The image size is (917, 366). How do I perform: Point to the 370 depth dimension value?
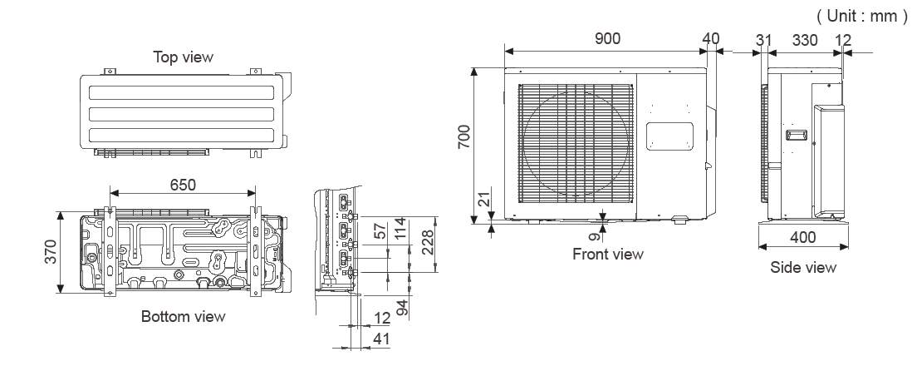pos(49,252)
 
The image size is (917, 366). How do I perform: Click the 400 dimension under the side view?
pos(803,237)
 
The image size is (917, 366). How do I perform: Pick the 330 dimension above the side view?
pos(804,39)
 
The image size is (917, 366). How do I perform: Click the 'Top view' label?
pos(183,57)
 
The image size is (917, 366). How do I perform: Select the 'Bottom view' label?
pos(183,317)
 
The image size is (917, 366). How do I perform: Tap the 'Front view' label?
pos(608,255)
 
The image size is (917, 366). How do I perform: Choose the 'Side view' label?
pos(803,267)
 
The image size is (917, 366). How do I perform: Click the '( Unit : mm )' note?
pos(861,16)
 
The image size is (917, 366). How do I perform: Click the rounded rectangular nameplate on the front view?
pos(669,136)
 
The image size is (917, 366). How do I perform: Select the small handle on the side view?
pos(795,135)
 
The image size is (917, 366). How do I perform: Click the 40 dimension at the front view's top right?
pos(710,39)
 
